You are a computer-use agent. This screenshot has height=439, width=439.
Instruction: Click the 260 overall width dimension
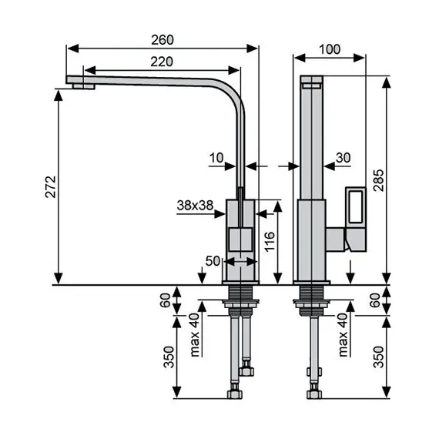163,39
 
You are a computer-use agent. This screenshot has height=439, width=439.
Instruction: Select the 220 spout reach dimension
161,62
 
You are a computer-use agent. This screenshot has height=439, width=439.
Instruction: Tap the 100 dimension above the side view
329,49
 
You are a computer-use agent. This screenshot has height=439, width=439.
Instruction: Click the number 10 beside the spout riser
216,157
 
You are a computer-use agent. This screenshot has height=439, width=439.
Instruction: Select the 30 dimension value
343,157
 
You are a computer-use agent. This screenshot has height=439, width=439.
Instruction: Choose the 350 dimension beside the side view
377,357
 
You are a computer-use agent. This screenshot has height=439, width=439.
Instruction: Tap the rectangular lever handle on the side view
357,207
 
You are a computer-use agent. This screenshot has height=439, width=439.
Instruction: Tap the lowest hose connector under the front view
235,395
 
